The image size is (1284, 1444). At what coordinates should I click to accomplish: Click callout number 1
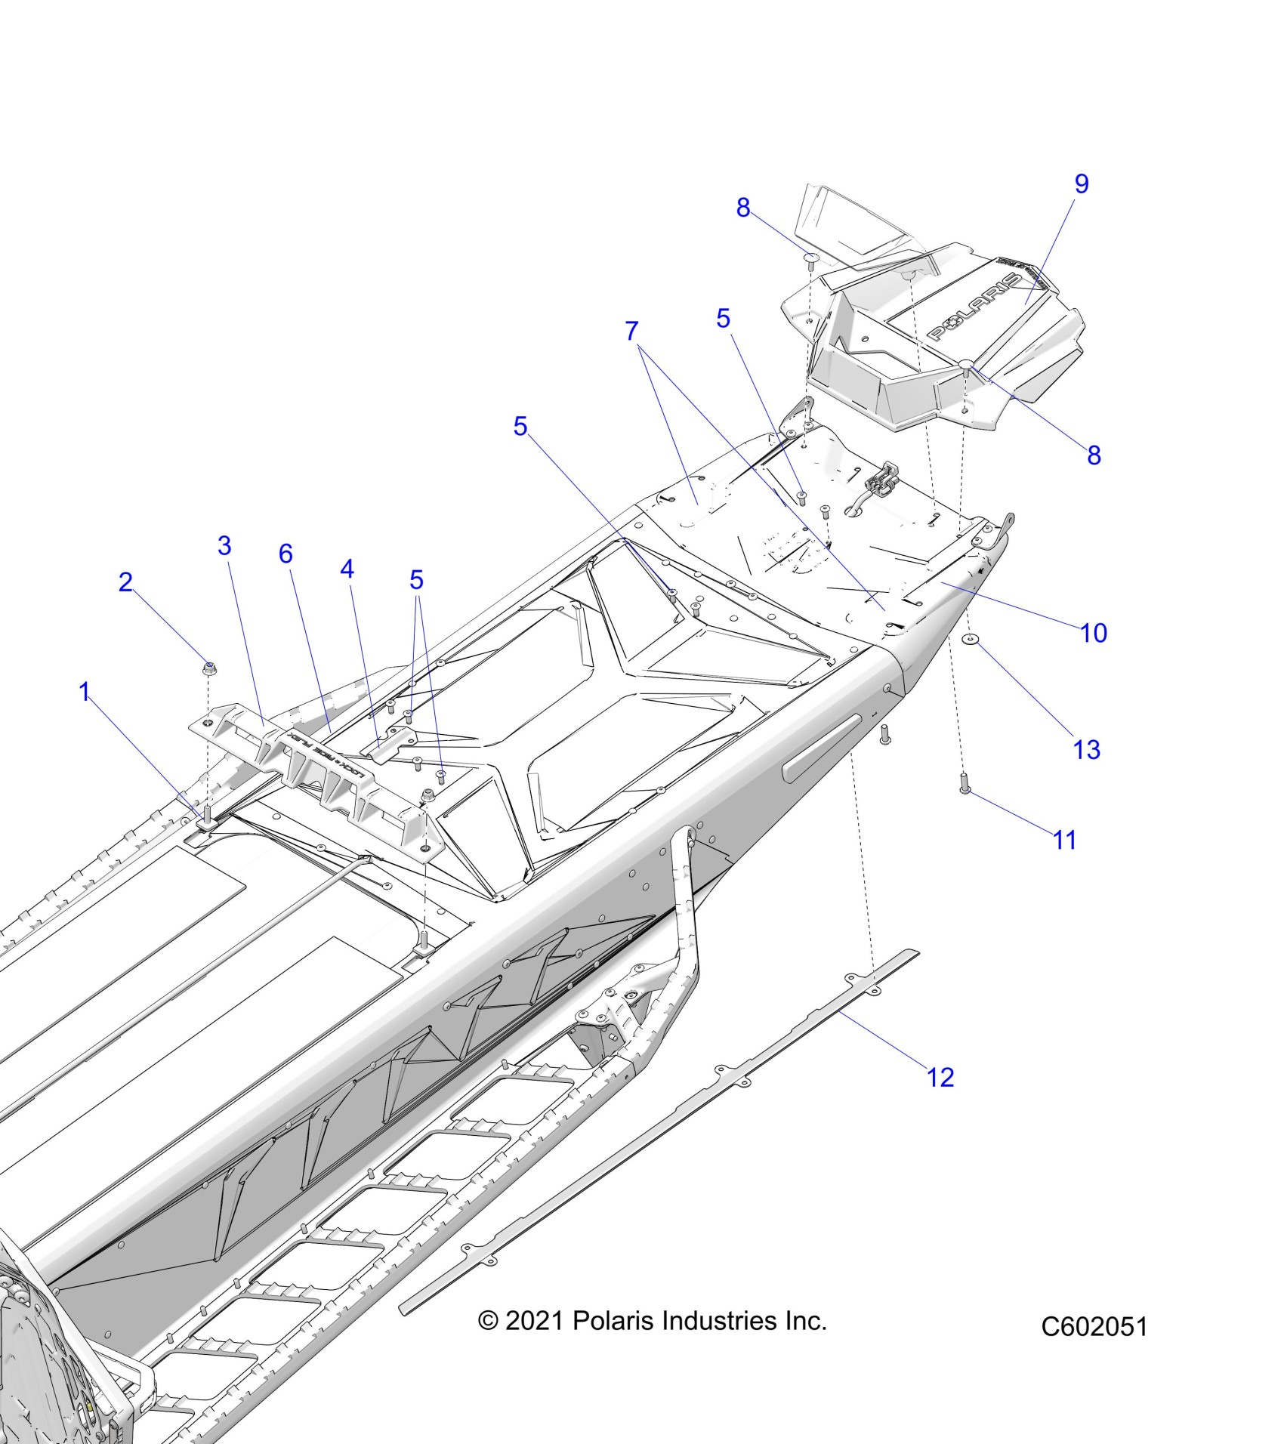click(85, 691)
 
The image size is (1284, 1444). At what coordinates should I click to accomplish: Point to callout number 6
click(286, 554)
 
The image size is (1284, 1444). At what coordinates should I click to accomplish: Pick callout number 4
click(347, 569)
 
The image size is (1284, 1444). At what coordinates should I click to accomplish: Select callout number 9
click(1082, 184)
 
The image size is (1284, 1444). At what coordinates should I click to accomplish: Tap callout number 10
click(1094, 633)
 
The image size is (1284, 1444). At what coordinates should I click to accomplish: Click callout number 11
click(1065, 840)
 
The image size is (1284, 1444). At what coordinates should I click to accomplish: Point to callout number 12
click(941, 1077)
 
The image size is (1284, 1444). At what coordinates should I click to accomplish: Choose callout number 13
click(1087, 750)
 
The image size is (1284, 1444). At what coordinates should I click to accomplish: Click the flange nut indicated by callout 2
click(208, 668)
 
